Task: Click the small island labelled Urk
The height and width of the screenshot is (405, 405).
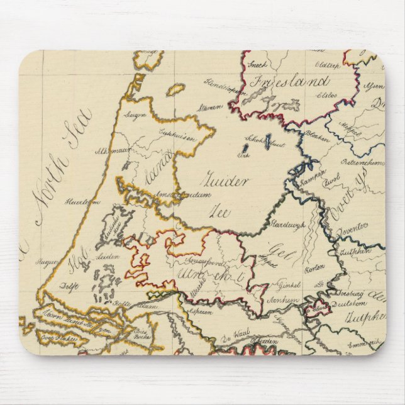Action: coord(243,155)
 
